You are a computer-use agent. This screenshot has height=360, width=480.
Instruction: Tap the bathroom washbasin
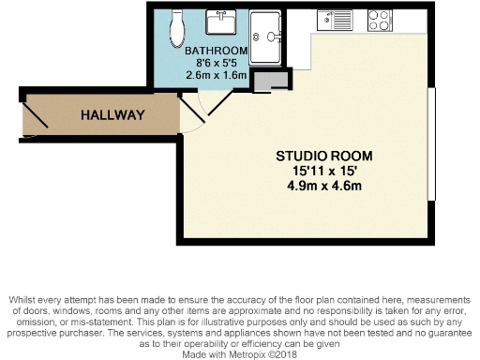click(224, 22)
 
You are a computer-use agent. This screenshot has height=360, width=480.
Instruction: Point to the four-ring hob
click(380, 18)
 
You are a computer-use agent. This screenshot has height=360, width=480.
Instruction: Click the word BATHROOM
click(216, 51)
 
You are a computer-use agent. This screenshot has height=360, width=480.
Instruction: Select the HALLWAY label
click(112, 115)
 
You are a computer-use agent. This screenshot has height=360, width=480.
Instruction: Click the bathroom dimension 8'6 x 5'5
click(216, 64)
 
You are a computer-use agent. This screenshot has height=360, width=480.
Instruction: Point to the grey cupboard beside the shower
click(270, 82)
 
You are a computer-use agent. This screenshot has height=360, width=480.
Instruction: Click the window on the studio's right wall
click(431, 143)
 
